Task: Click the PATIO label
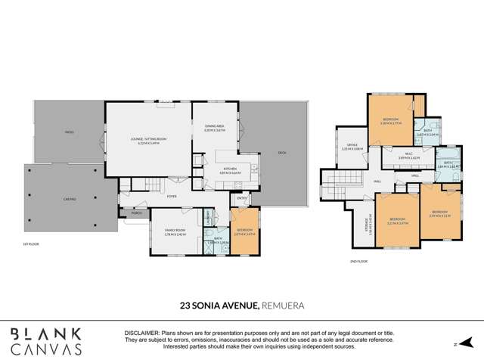[69, 132]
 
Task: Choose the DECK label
[281, 153]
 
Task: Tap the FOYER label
[172, 196]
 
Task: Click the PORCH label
[137, 213]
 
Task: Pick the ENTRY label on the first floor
[241, 199]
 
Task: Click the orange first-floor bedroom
[244, 231]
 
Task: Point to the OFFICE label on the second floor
[352, 145]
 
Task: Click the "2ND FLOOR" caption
[359, 261]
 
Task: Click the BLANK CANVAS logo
[46, 341]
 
